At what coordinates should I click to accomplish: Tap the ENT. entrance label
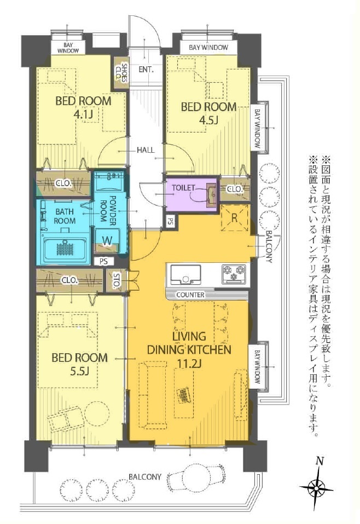pyautogui.click(x=146, y=70)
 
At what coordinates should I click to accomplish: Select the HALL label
pyautogui.click(x=146, y=149)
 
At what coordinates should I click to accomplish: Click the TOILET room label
pyautogui.click(x=183, y=188)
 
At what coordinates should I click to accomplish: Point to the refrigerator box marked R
pyautogui.click(x=234, y=218)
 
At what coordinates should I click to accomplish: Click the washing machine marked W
pyautogui.click(x=107, y=240)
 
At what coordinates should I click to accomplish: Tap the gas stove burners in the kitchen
pyautogui.click(x=234, y=274)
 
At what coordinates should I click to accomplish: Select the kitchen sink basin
pyautogui.click(x=185, y=275)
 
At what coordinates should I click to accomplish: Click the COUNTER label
pyautogui.click(x=190, y=295)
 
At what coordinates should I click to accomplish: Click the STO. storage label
pyautogui.click(x=116, y=281)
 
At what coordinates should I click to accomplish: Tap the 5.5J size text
pyautogui.click(x=79, y=370)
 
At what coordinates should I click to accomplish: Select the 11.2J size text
pyautogui.click(x=189, y=363)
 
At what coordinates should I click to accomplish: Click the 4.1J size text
pyautogui.click(x=83, y=114)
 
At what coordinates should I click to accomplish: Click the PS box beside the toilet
pyautogui.click(x=170, y=221)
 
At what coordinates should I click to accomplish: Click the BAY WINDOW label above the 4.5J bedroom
pyautogui.click(x=208, y=48)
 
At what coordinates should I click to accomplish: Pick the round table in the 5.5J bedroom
pyautogui.click(x=97, y=413)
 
